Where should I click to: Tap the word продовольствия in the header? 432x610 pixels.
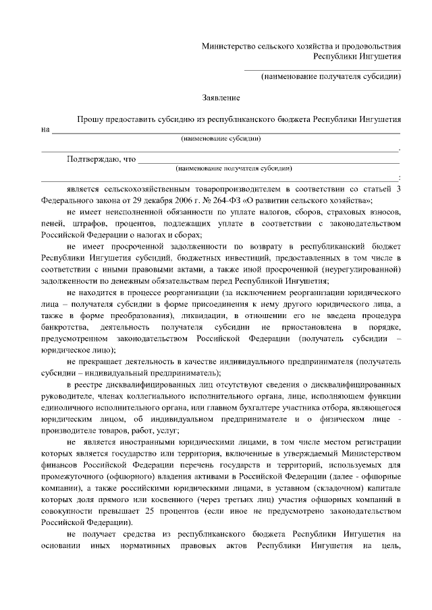tap(373, 46)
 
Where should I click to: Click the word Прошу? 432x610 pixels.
tap(89, 119)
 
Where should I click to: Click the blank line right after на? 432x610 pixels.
tap(223, 130)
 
